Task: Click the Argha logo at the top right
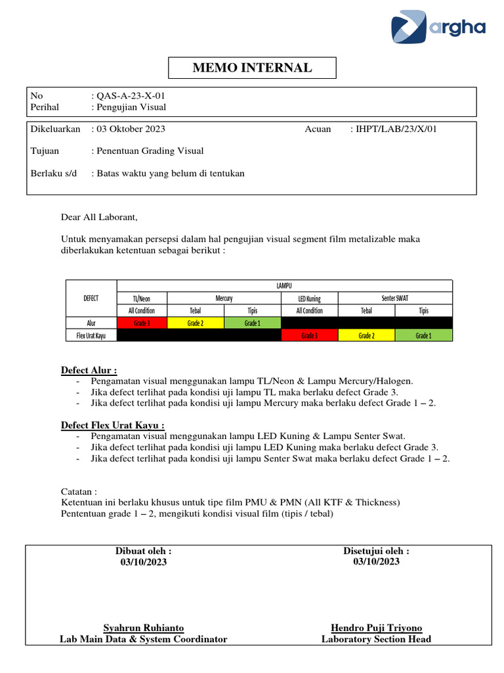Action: (x=438, y=27)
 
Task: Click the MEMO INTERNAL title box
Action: (x=252, y=68)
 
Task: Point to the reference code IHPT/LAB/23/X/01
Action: (x=396, y=129)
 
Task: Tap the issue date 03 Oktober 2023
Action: (x=131, y=129)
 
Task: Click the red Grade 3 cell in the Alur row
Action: (x=142, y=323)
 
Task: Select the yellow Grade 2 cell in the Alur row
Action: (x=196, y=323)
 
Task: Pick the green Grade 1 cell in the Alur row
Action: (x=252, y=323)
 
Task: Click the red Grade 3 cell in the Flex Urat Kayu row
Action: (x=309, y=335)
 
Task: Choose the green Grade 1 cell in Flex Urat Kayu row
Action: (x=423, y=335)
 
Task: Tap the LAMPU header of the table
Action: (x=284, y=285)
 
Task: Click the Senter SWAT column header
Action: (x=395, y=298)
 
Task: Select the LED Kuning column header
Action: (x=309, y=298)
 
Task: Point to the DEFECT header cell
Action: (x=91, y=298)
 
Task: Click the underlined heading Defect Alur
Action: (x=89, y=371)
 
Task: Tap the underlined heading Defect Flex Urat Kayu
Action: (x=112, y=425)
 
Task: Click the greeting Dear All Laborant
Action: (x=100, y=217)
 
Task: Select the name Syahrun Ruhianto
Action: (x=144, y=628)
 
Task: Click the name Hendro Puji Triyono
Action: (x=376, y=628)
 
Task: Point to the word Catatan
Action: (x=79, y=491)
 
